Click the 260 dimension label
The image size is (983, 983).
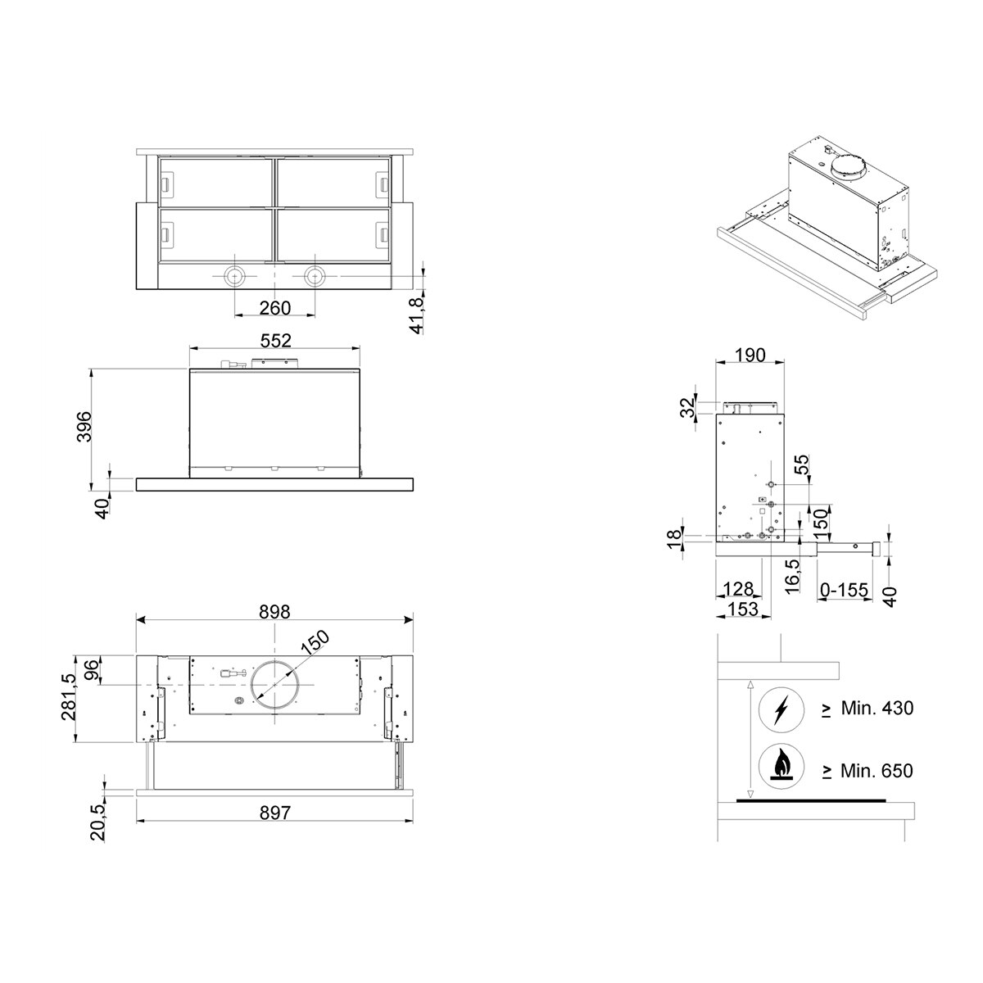click(x=275, y=308)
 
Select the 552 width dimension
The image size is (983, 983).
click(x=275, y=340)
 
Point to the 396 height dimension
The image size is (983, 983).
click(x=84, y=427)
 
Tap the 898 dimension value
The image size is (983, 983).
click(x=274, y=612)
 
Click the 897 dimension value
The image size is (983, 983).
click(x=275, y=812)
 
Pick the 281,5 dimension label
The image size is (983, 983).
click(x=68, y=697)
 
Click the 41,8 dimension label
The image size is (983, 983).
click(x=417, y=315)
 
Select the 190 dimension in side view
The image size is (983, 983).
click(x=750, y=355)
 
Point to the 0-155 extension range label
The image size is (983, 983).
click(x=844, y=590)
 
